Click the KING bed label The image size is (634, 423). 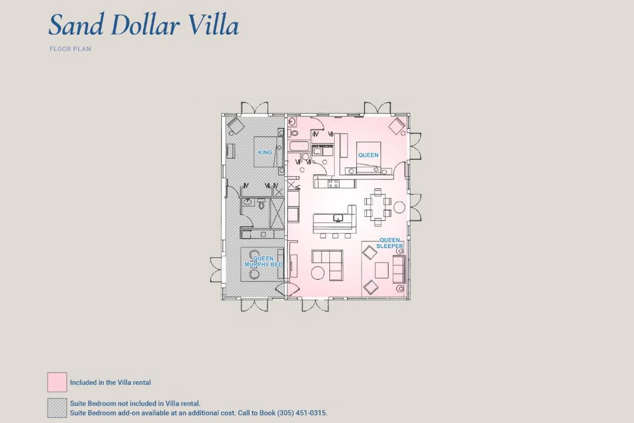pos(265,152)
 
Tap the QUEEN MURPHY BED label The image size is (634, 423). pos(263,261)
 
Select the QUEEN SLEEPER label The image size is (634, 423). pos(390,243)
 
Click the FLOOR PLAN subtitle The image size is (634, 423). pos(70,49)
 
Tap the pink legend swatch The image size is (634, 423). pos(57,382)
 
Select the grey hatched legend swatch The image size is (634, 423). pos(57,408)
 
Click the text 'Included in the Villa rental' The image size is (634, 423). pos(110,382)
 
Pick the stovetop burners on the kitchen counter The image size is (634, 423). pos(333,184)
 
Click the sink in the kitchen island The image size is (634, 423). pos(338,219)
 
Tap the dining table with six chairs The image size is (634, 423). pos(377,207)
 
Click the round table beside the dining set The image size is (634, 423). pos(400,207)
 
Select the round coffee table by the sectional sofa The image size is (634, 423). pos(318,272)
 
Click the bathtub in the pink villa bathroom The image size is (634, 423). pos(299,146)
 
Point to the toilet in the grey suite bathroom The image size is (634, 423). pos(261,204)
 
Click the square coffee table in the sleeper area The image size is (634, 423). pos(382,270)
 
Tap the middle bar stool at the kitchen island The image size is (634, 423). pos(335,236)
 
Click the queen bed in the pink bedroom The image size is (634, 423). pos(368,157)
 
